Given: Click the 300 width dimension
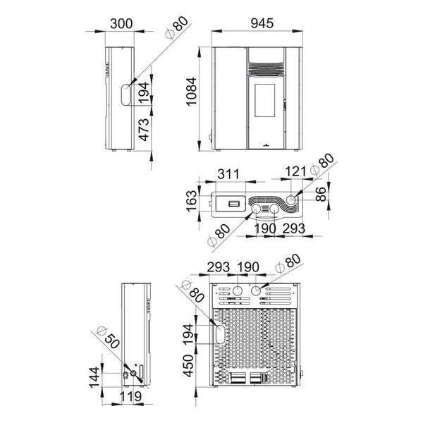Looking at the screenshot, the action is [x=121, y=24].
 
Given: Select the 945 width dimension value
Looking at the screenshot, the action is [x=262, y=23].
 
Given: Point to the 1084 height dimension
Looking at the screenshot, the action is [x=192, y=92].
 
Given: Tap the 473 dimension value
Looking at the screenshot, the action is [x=144, y=130].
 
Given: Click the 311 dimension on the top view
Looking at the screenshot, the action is [x=228, y=174].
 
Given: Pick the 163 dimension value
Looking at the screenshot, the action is [x=192, y=201].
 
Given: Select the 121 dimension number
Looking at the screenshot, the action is [x=295, y=171].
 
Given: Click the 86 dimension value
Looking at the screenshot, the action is [x=321, y=195].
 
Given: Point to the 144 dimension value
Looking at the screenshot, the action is [x=94, y=377].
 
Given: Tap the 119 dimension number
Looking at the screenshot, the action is [x=130, y=397].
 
